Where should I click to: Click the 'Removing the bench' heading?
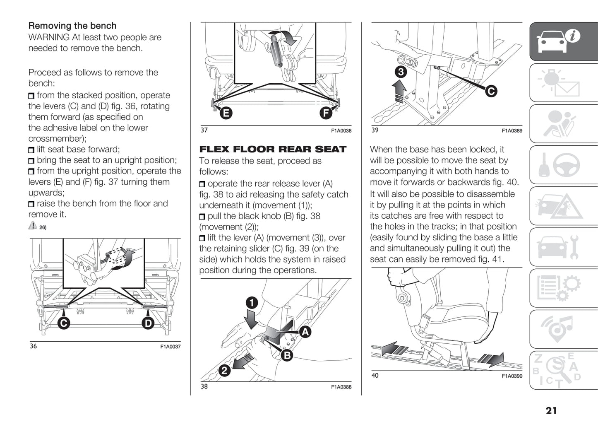(72, 26)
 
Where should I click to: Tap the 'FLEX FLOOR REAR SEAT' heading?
(273, 149)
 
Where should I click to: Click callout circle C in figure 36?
(63, 323)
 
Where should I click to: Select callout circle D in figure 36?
(148, 323)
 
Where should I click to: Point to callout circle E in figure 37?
(226, 113)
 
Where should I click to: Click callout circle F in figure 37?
(326, 113)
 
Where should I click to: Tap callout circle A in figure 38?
(305, 332)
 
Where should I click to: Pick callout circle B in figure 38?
(287, 355)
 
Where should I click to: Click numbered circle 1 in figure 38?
(252, 303)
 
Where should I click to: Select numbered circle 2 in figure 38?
(224, 370)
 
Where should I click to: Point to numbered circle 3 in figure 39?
(400, 72)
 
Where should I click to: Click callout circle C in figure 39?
(491, 91)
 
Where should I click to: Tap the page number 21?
(551, 410)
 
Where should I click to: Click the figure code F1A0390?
(512, 376)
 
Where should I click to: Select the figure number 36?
(33, 346)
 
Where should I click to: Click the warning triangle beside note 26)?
(33, 225)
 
